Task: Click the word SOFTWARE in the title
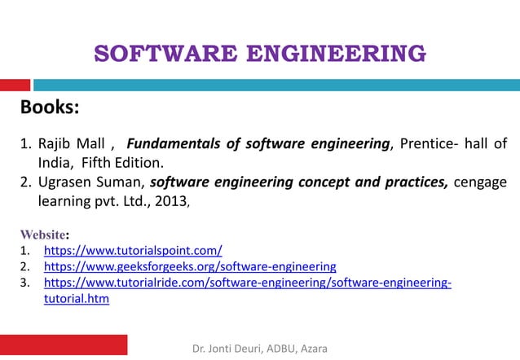(154, 55)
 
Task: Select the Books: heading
(49, 108)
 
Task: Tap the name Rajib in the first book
(56, 144)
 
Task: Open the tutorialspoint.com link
(132, 251)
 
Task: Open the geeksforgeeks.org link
(189, 266)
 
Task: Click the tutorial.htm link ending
(76, 299)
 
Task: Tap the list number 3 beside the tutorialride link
(24, 283)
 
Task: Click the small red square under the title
(15, 85)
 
